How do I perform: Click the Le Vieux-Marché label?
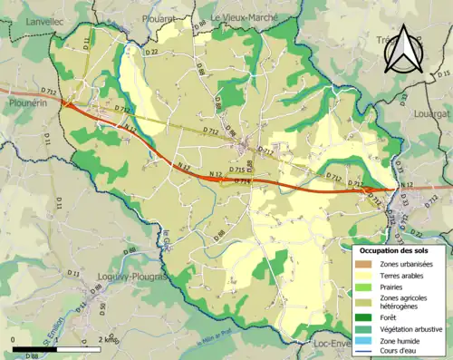coord(246,16)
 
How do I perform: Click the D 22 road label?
coord(150,52)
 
